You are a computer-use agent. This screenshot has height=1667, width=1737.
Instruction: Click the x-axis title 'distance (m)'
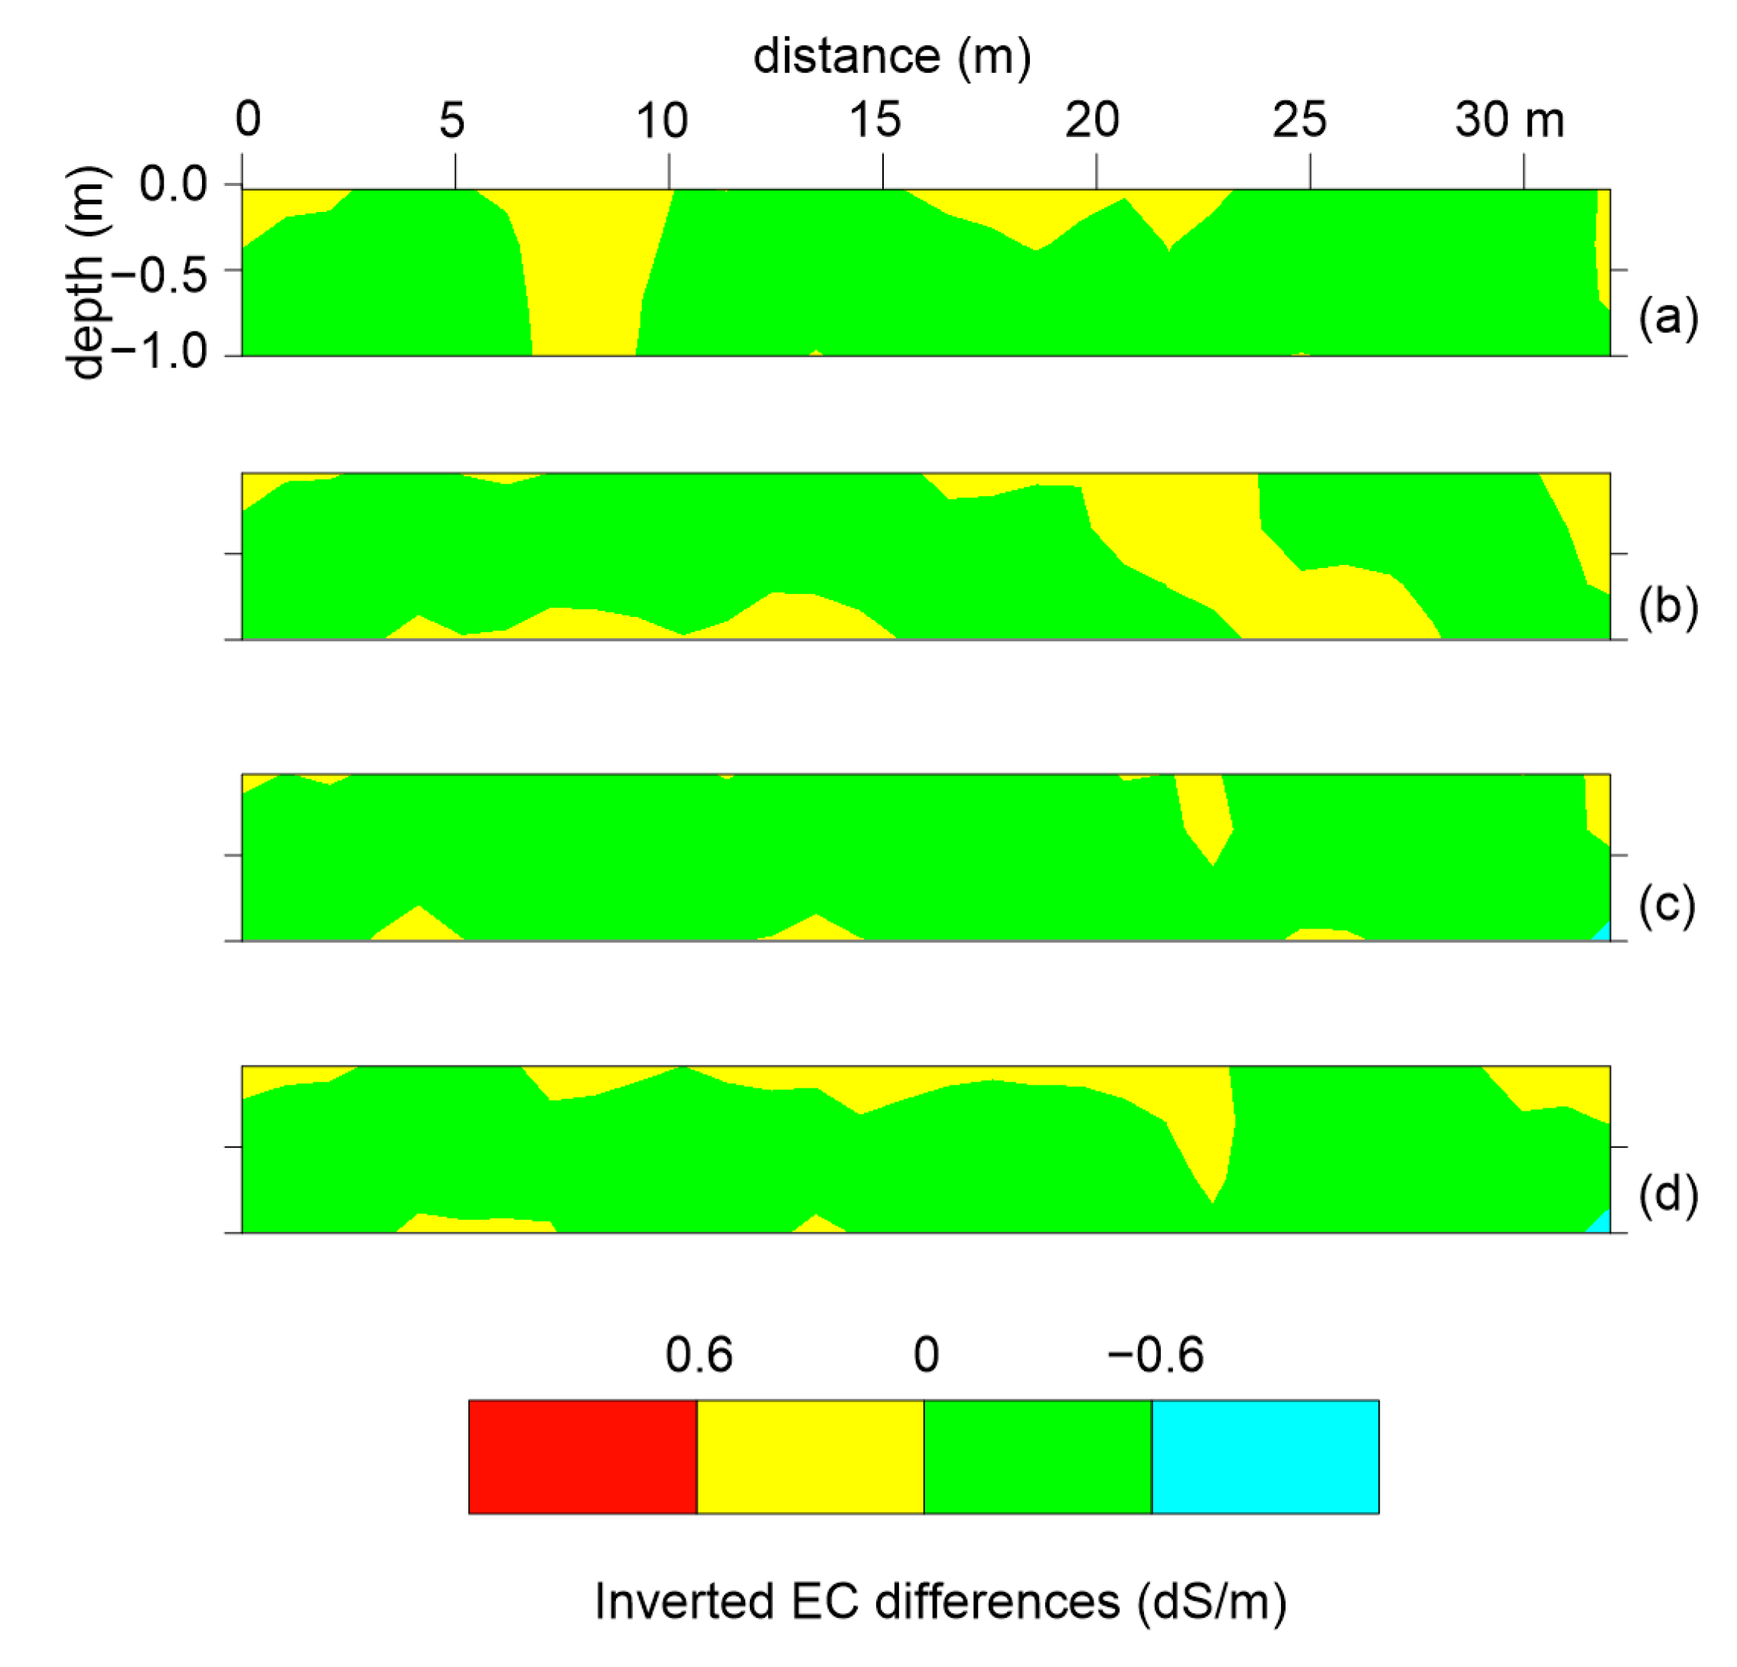[891, 57]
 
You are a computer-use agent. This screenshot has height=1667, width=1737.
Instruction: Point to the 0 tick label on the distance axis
[248, 119]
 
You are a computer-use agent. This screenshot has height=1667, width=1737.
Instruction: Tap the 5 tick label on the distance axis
[452, 119]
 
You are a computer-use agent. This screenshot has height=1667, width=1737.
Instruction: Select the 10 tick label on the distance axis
[662, 119]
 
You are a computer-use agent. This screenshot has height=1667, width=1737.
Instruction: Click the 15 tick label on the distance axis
[875, 119]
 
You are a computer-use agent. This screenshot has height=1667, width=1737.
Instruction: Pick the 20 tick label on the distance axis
[1092, 119]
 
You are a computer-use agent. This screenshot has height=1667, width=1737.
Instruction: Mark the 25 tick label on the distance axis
[1299, 119]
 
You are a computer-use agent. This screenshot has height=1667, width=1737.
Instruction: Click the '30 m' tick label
[1509, 119]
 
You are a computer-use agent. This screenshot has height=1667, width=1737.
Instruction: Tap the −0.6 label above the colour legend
[1155, 1354]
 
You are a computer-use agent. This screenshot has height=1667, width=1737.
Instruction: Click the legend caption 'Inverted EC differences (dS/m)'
[940, 1601]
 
